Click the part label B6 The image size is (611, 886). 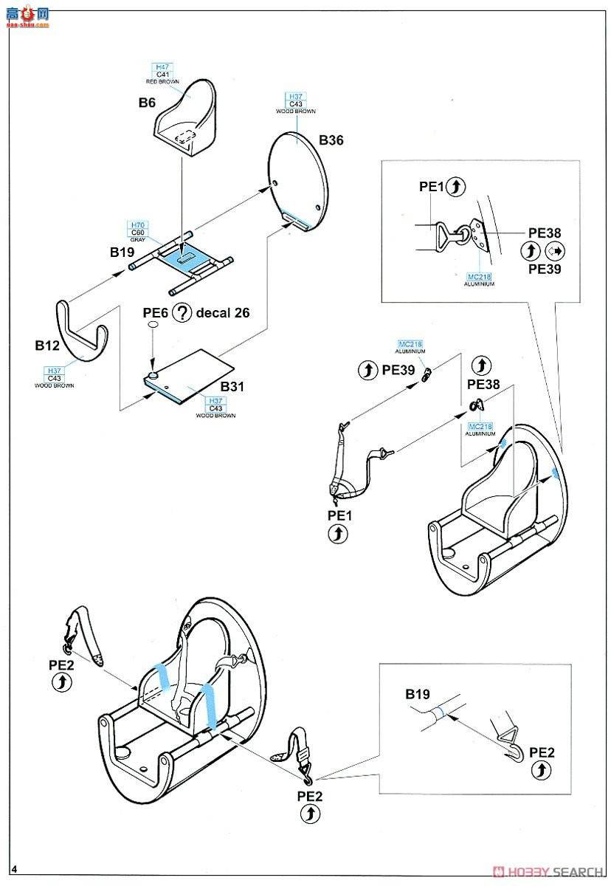[x=147, y=103]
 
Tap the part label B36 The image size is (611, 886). [x=331, y=140]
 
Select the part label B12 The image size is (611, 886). [x=46, y=345]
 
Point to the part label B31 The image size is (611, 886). [x=232, y=386]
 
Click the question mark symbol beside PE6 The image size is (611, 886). [x=182, y=312]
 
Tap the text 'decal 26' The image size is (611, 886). [x=223, y=312]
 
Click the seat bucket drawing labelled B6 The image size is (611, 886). [x=187, y=118]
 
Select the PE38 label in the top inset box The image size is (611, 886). [x=545, y=233]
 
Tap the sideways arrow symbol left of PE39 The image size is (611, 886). [x=553, y=250]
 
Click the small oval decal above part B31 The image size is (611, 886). [x=152, y=324]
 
